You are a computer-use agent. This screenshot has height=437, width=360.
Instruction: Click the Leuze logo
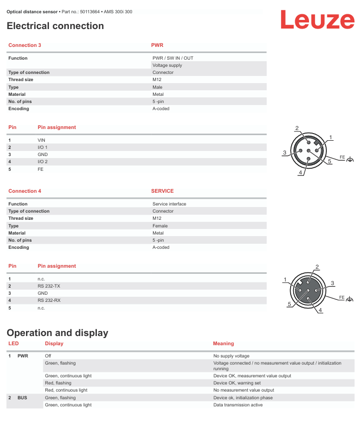[317, 20]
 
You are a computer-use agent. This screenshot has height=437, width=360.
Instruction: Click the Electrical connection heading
[55, 26]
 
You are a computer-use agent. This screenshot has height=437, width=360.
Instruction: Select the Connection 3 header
[24, 45]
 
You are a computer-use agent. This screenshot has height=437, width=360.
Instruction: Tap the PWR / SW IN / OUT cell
[173, 58]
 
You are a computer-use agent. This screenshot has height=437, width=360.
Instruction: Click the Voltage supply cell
[167, 65]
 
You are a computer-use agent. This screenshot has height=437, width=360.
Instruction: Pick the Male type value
[158, 87]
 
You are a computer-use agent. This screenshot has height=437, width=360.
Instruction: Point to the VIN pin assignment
[42, 140]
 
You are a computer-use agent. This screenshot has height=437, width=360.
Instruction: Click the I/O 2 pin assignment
[43, 162]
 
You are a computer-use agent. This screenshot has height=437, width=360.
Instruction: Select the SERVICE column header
[162, 191]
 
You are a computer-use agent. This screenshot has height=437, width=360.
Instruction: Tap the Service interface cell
[169, 204]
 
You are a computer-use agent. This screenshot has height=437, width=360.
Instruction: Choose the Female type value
[160, 226]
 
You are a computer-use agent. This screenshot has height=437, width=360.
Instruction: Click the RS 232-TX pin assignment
[49, 286]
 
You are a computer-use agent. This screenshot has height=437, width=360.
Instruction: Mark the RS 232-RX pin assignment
[49, 300]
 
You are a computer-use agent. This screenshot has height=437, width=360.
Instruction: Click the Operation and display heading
[58, 333]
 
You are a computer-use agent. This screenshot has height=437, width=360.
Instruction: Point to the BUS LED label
[22, 398]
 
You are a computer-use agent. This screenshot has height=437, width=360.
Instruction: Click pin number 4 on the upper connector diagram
[301, 173]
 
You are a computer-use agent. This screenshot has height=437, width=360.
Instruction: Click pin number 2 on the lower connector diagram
[317, 267]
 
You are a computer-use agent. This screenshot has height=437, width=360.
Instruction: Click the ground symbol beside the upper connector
[350, 160]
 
